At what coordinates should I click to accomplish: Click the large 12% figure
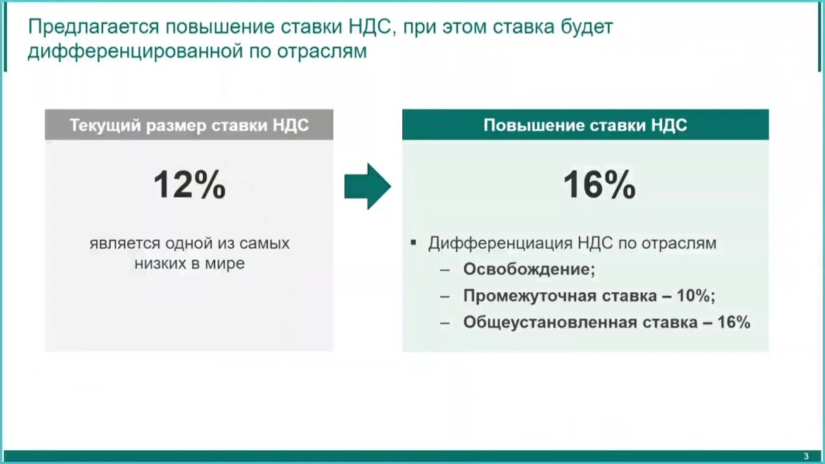click(x=189, y=185)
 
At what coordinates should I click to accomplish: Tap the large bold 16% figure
click(x=599, y=185)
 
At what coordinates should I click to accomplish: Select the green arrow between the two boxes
click(x=367, y=186)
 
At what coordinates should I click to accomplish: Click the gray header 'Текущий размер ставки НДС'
click(x=189, y=126)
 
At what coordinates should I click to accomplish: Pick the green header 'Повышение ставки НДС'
click(x=585, y=126)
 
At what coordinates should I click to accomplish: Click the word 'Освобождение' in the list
click(x=527, y=269)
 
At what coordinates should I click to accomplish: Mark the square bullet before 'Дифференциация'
click(x=413, y=243)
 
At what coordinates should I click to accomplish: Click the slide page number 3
click(x=806, y=457)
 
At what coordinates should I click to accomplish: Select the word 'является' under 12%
click(x=117, y=244)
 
